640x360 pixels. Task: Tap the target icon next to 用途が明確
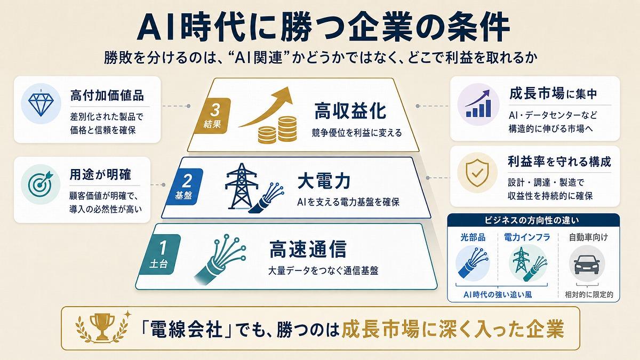[41, 185]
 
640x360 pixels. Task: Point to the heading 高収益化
[350, 111]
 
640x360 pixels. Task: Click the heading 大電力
[324, 181]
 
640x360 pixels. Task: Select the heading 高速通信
[308, 249]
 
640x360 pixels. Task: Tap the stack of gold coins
[277, 130]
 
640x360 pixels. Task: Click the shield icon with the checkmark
[477, 173]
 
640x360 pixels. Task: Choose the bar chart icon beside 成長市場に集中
[478, 103]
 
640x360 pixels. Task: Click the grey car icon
[587, 263]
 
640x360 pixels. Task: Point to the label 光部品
[473, 237]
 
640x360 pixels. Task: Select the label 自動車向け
[588, 237]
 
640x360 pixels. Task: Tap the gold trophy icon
[102, 327]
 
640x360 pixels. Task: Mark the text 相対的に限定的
[589, 294]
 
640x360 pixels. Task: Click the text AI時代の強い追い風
[498, 294]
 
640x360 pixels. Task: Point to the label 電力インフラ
[527, 237]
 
